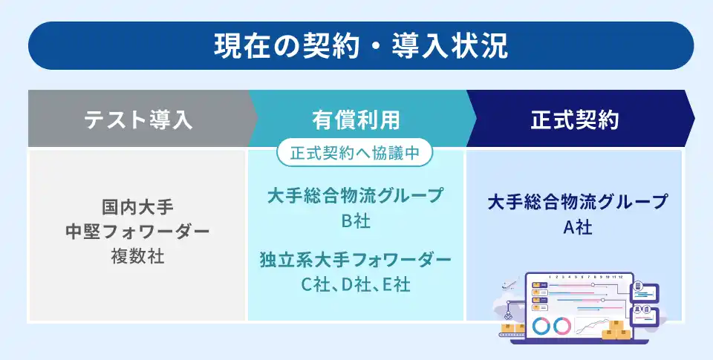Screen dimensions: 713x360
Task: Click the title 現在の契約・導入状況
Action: click(361, 45)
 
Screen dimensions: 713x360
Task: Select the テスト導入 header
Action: click(138, 120)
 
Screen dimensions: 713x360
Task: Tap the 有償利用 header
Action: click(356, 120)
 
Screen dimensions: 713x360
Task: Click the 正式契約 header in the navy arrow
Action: click(575, 120)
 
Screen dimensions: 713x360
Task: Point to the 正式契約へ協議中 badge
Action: click(354, 153)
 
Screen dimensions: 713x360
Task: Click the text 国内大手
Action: click(137, 207)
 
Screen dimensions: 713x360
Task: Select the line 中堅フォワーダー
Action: click(137, 232)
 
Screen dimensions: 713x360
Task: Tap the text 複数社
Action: click(137, 256)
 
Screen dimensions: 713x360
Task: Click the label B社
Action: click(356, 221)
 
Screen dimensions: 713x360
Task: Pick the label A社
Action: click(578, 227)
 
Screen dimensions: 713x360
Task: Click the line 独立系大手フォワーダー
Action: click(356, 261)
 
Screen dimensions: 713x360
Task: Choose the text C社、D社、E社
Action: click(356, 284)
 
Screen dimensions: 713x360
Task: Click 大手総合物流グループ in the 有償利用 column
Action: click(356, 196)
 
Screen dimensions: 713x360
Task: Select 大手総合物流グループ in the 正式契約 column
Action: click(578, 202)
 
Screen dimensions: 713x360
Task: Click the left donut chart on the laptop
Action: click(541, 326)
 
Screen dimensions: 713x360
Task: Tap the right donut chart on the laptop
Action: click(562, 326)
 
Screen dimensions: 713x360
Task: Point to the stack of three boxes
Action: click(616, 330)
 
